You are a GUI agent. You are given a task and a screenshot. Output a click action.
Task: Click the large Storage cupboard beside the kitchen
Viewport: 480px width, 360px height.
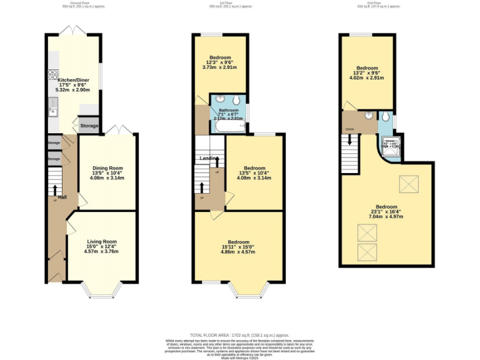[89, 126]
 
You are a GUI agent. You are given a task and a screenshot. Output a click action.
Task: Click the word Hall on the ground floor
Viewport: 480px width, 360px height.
[62, 197]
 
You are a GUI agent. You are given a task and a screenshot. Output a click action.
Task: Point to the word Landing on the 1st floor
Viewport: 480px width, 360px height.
[208, 158]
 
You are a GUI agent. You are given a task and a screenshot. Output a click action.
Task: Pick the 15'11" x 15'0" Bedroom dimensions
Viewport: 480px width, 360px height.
[238, 247]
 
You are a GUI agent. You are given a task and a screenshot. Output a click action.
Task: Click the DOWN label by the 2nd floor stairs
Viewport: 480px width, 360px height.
[349, 130]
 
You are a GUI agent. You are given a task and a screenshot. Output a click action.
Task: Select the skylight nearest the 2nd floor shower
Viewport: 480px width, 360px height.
[409, 184]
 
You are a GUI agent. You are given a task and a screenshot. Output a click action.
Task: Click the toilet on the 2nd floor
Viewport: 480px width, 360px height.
[385, 116]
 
